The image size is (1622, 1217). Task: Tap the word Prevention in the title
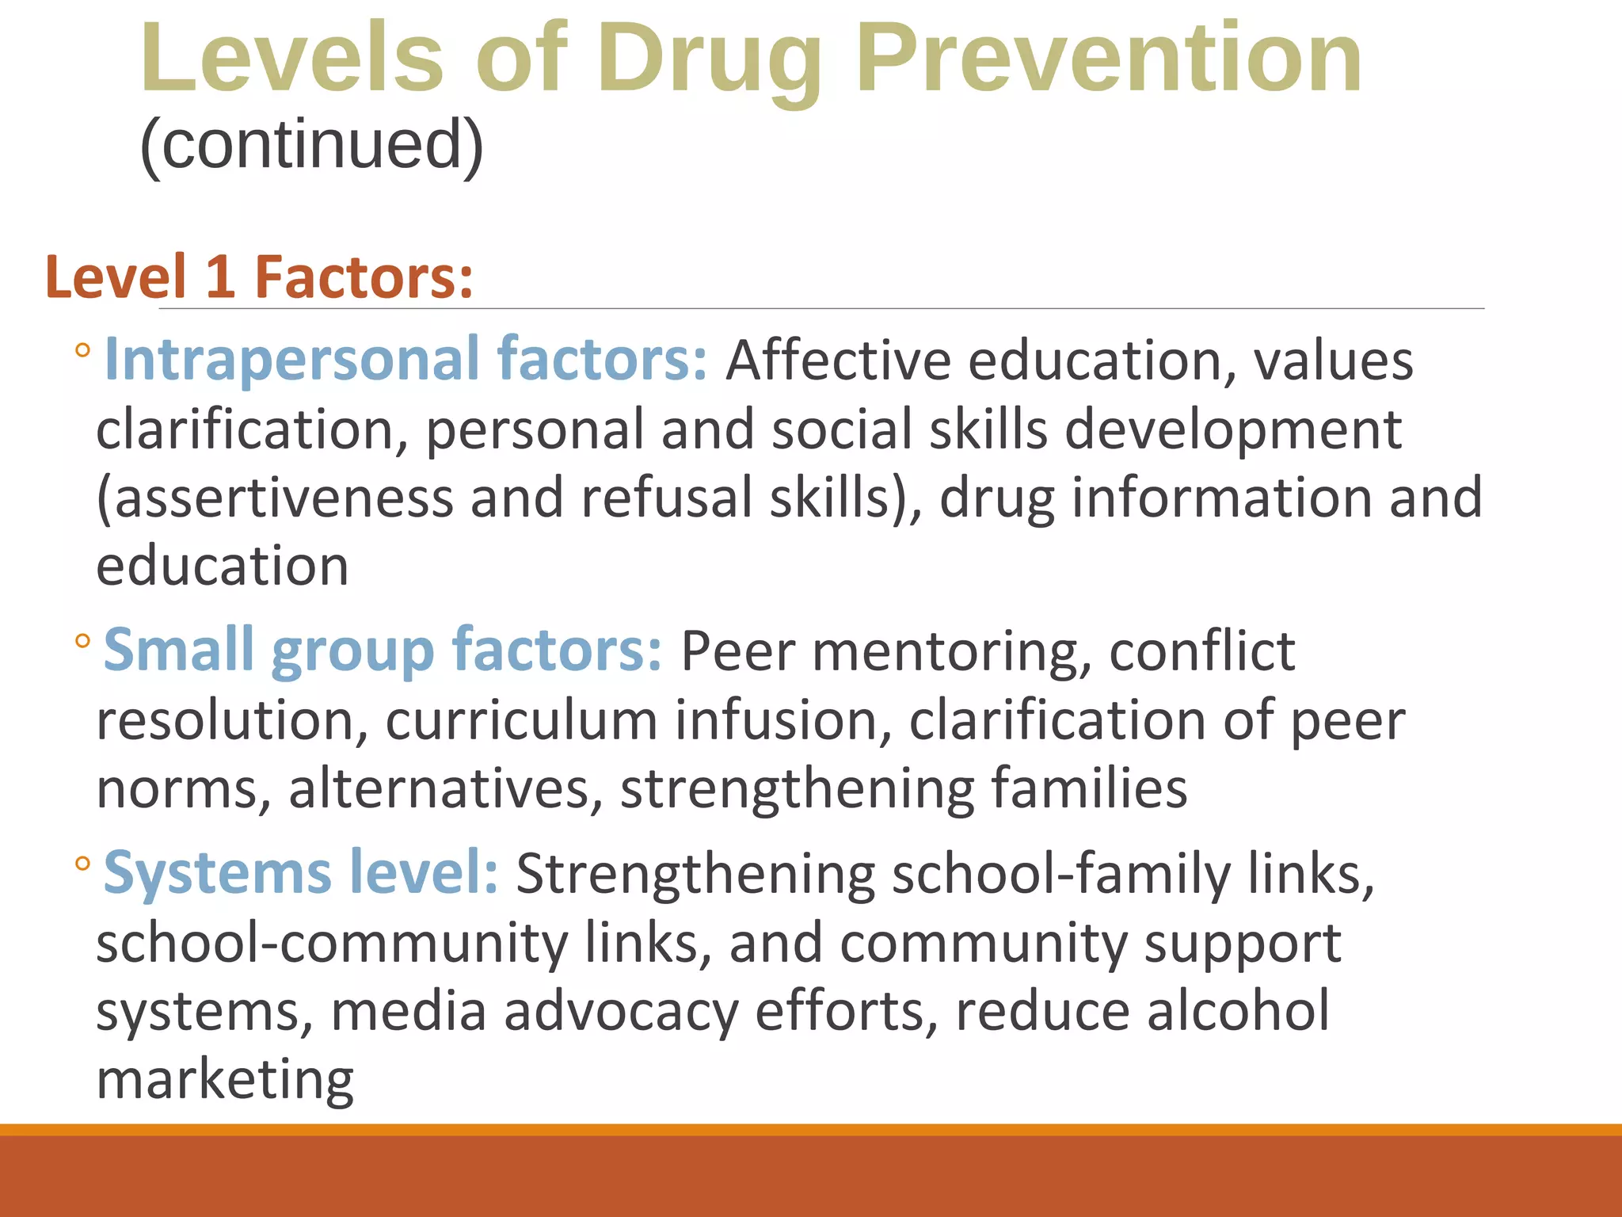[1109, 59]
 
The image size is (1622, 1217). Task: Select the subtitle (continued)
[311, 145]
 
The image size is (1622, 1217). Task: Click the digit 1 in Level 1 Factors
[219, 277]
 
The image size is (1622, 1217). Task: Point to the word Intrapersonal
[291, 360]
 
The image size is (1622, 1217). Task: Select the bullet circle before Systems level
[83, 863]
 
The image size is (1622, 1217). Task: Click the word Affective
[838, 361]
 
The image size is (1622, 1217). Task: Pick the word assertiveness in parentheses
[276, 498]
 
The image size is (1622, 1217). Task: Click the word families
[1089, 789]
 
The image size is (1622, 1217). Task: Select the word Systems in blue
[217, 873]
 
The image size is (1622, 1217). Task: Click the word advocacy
[621, 1012]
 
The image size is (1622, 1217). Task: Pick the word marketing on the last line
[225, 1081]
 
